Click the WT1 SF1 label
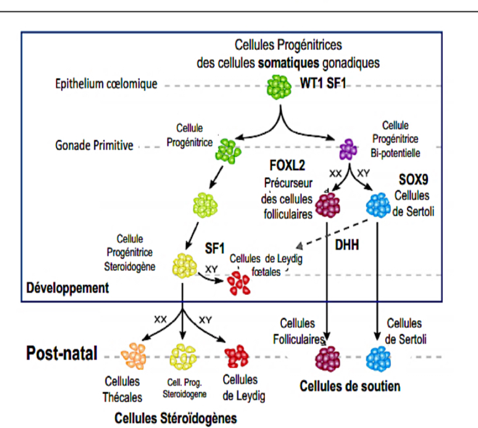(323, 83)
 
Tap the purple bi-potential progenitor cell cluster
(348, 150)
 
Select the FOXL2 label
(287, 165)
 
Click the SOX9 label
(414, 179)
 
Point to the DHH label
(346, 244)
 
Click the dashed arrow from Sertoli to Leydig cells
(332, 233)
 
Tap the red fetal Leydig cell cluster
(239, 283)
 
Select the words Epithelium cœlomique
(106, 84)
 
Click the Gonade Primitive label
(94, 145)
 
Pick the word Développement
(67, 288)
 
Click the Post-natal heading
(61, 353)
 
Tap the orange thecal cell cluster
(133, 356)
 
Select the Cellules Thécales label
(122, 389)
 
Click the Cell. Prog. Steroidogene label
(184, 388)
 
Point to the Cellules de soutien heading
(350, 386)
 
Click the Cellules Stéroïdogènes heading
(176, 418)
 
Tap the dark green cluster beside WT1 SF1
(279, 87)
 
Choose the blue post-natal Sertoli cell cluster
(378, 359)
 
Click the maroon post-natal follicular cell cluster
(328, 359)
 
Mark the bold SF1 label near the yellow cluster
(215, 248)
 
